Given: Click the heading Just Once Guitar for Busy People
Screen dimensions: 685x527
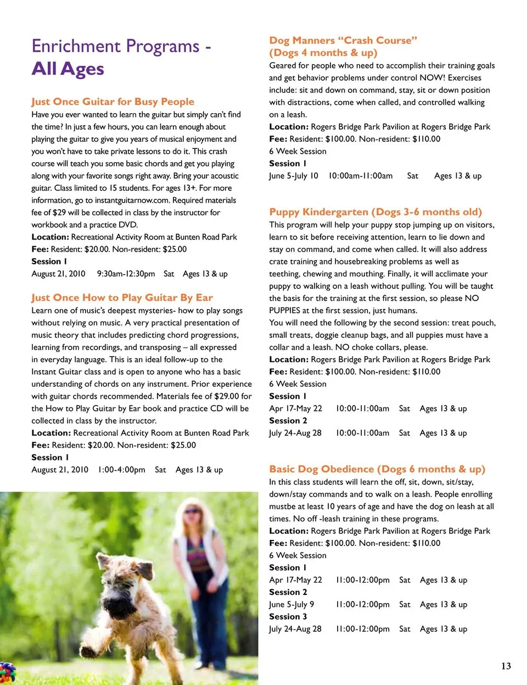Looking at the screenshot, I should pyautogui.click(x=113, y=102).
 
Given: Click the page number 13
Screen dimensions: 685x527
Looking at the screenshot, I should pyautogui.click(x=506, y=666).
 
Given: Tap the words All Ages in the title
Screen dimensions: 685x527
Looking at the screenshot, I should pyautogui.click(x=68, y=69).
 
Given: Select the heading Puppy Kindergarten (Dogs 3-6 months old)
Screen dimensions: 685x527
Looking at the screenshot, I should pyautogui.click(x=375, y=212).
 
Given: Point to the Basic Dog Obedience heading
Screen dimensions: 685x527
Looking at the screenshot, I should pyautogui.click(x=377, y=469).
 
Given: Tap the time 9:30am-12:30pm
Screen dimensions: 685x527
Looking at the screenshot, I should pyautogui.click(x=126, y=274).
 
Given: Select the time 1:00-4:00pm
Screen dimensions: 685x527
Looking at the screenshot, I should pyautogui.click(x=121, y=470).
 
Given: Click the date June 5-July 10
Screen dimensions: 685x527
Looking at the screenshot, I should pyautogui.click(x=293, y=176).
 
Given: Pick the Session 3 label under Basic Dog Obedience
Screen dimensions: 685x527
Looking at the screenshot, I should pyautogui.click(x=288, y=616).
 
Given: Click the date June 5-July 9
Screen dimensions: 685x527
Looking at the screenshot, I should pyautogui.click(x=291, y=604).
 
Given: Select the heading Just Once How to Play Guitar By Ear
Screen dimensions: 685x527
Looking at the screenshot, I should pyautogui.click(x=122, y=298).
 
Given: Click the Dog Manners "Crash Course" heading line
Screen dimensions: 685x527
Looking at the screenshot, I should pyautogui.click(x=343, y=41).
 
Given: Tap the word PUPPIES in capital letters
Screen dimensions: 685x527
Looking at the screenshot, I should pyautogui.click(x=285, y=310).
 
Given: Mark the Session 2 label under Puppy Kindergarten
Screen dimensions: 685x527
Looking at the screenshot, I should pyautogui.click(x=288, y=421).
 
